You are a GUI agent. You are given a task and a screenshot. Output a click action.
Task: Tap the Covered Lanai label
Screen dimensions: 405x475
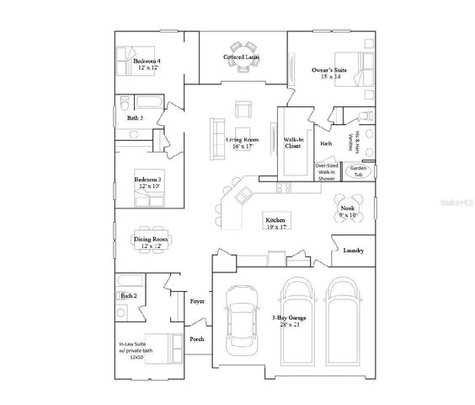(241, 57)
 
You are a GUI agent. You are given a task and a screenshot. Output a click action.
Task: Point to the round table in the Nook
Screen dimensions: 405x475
(347, 208)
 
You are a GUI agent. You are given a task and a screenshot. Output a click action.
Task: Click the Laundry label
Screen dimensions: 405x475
(354, 251)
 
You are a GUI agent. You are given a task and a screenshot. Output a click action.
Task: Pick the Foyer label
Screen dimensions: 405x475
(198, 301)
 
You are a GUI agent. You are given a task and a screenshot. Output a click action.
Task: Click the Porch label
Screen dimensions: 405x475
(197, 338)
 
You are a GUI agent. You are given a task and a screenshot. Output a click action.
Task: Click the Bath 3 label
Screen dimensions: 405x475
(135, 118)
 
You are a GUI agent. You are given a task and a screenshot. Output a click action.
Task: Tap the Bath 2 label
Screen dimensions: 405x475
(128, 296)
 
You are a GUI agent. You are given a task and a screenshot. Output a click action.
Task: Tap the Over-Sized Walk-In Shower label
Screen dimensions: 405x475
(326, 172)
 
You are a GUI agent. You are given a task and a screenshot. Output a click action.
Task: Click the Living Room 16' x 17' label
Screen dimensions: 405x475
(240, 143)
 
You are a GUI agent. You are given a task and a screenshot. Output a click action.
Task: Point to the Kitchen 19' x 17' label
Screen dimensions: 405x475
(276, 222)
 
